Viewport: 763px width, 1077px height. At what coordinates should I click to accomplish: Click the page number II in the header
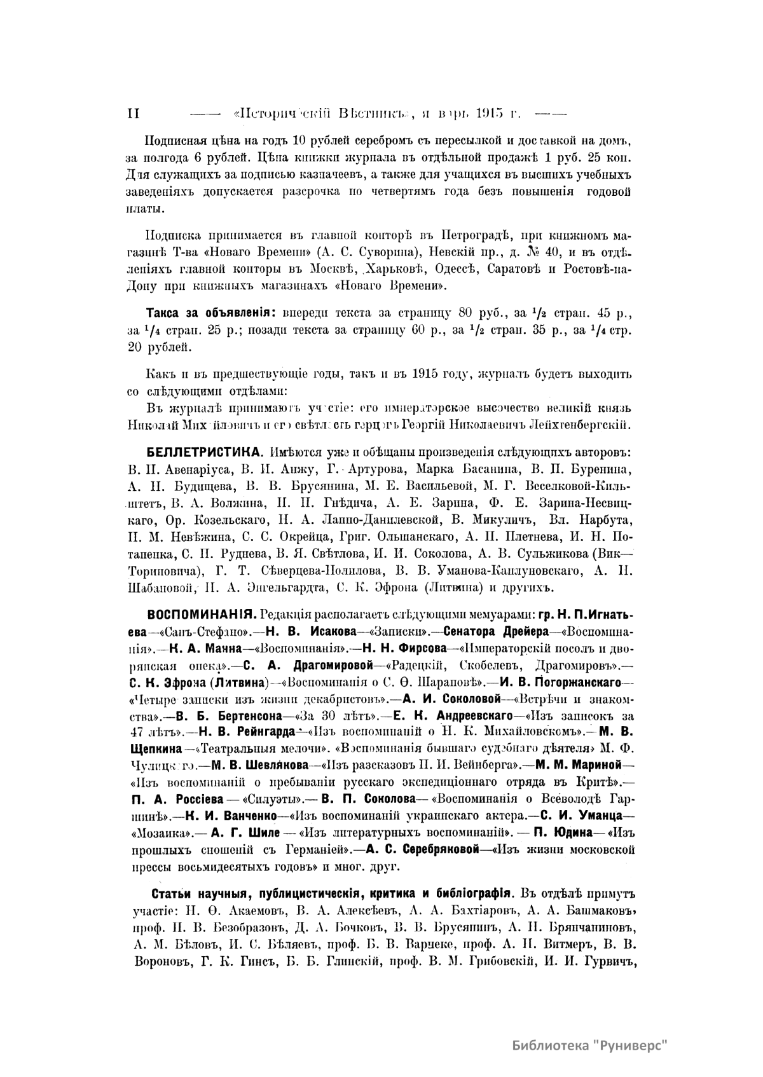pyautogui.click(x=133, y=114)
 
